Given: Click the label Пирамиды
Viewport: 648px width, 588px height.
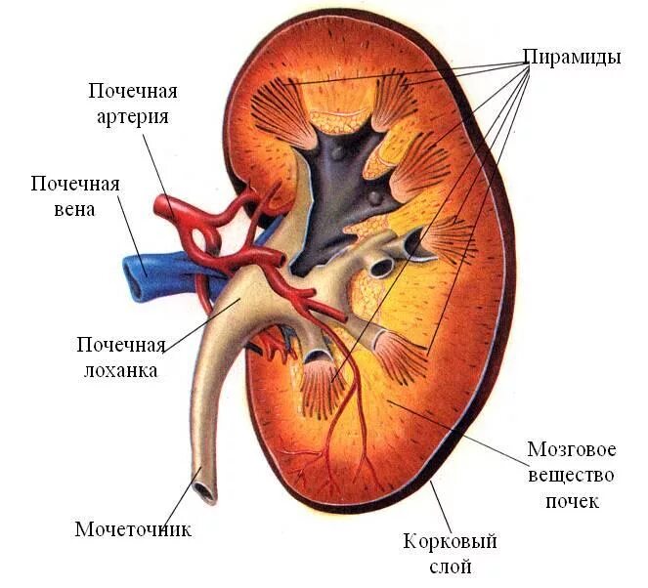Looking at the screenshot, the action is tap(572, 57).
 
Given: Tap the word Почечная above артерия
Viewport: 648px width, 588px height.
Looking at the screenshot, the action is tap(133, 92).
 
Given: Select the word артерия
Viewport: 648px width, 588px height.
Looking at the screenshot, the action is tap(134, 116).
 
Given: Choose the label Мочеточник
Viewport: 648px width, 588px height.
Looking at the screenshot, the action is tap(133, 529).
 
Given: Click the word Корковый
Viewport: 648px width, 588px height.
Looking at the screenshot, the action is tap(451, 540).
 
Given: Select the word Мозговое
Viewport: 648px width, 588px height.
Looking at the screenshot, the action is tap(572, 450).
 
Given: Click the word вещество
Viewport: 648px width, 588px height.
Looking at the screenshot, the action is tap(572, 476).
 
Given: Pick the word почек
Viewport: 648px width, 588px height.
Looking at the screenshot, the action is tap(572, 501).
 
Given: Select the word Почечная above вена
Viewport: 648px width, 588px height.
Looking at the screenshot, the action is tap(75, 185).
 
